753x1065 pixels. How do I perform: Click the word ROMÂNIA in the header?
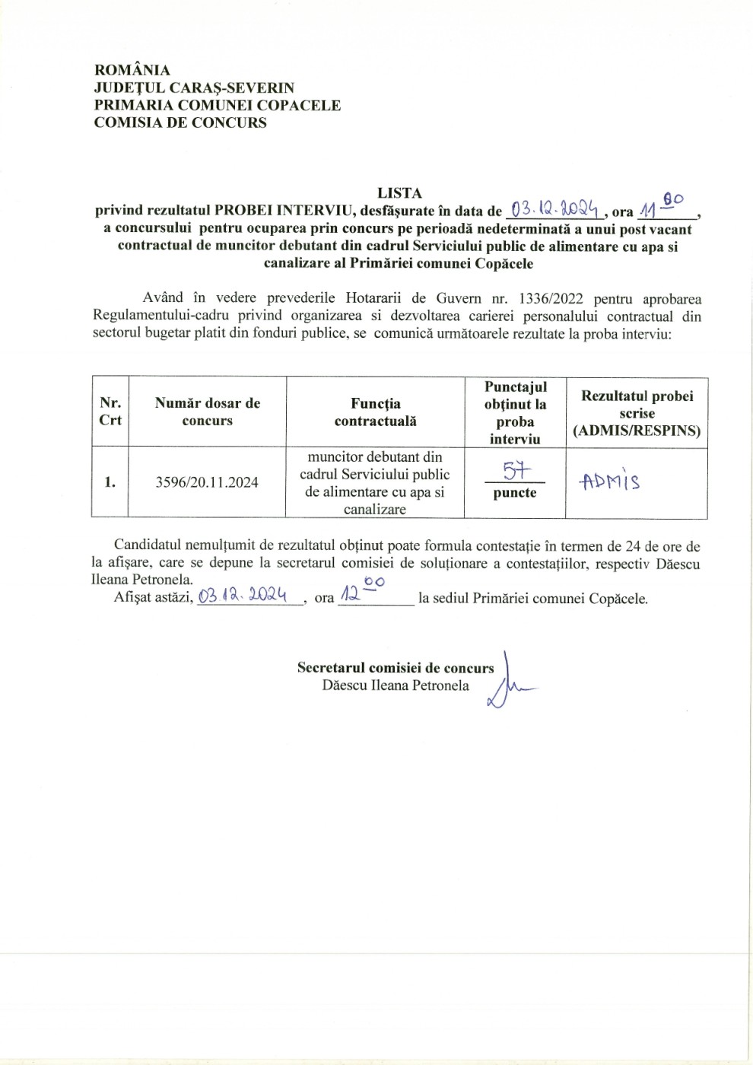tap(132, 71)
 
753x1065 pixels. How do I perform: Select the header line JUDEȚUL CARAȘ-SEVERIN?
tap(194, 88)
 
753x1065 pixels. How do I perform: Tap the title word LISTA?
tap(399, 193)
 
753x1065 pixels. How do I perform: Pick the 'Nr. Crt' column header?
tap(110, 412)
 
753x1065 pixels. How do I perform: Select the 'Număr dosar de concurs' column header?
tap(208, 412)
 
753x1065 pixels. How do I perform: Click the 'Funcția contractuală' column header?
tap(376, 412)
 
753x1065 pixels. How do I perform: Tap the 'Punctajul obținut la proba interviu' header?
tap(515, 412)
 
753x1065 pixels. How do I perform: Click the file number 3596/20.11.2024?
tap(207, 482)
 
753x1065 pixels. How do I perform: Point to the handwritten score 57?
tap(516, 471)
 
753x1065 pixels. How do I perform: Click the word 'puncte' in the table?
tap(515, 493)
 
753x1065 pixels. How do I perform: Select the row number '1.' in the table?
tap(110, 482)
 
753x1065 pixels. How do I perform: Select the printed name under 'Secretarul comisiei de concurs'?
tap(396, 685)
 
